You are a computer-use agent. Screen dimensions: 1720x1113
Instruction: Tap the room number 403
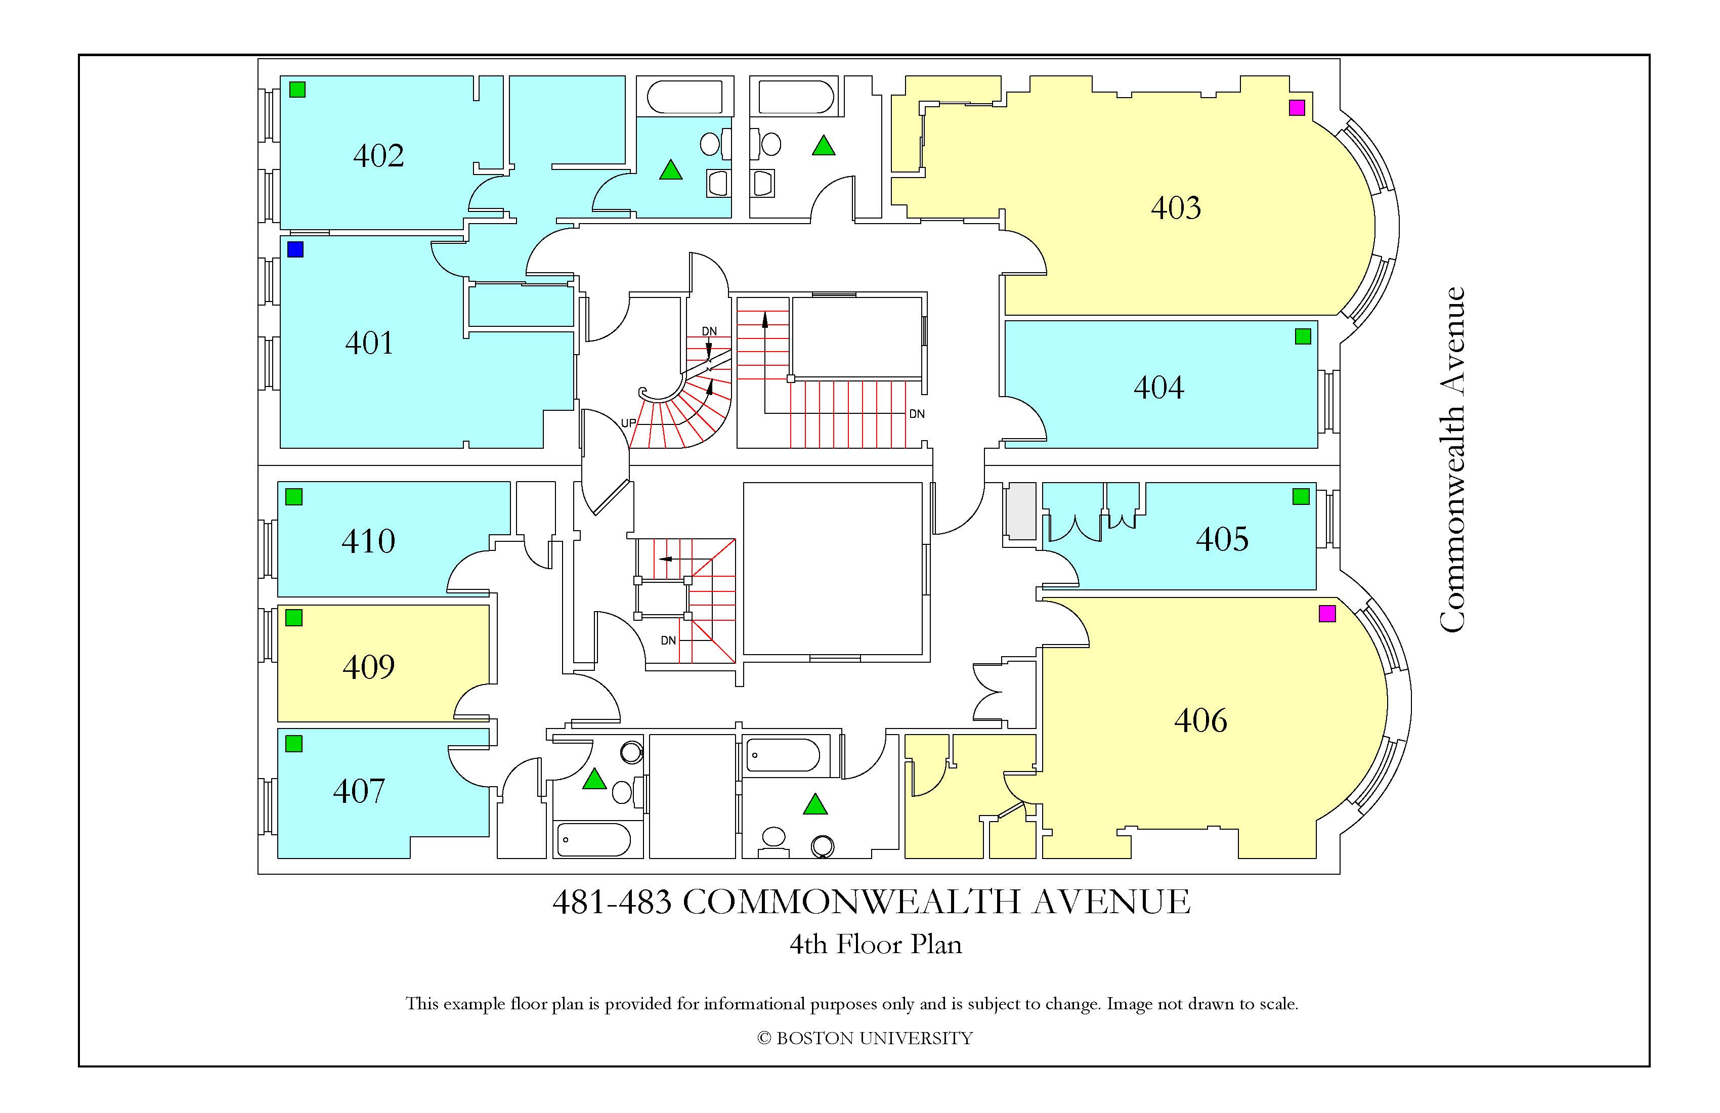click(x=1176, y=208)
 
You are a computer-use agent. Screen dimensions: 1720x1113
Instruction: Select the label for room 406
click(x=1200, y=720)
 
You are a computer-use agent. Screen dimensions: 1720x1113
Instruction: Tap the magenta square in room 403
click(x=1297, y=108)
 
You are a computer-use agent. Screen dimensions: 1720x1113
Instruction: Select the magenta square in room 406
click(x=1327, y=614)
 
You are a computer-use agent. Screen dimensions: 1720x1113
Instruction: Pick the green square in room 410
click(x=294, y=496)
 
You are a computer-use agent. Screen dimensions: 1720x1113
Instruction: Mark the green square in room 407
click(x=294, y=744)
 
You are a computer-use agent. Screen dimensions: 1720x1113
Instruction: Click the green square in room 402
click(x=297, y=90)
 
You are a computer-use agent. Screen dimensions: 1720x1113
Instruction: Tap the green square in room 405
click(x=1301, y=496)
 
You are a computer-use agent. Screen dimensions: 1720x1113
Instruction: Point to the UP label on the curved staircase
click(x=628, y=423)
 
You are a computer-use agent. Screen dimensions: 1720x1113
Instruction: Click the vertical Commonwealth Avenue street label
click(x=1452, y=460)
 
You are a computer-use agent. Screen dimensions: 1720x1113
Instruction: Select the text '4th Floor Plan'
click(x=875, y=945)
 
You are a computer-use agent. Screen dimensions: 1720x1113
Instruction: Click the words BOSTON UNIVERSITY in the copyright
click(x=875, y=1039)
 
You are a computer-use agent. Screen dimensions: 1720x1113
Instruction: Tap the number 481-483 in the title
click(x=612, y=902)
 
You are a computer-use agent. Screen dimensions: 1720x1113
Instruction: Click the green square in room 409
click(x=294, y=618)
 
